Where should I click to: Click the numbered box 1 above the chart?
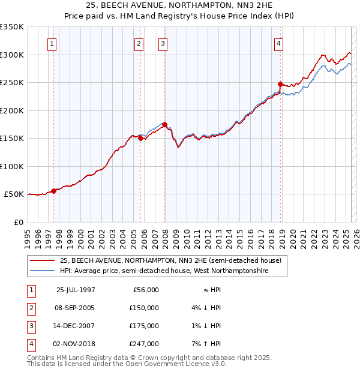point(52,44)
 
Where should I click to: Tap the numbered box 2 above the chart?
point(139,44)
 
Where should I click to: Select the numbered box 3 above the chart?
point(163,44)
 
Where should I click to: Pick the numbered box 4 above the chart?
point(279,44)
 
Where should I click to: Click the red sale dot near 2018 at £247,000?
point(281,85)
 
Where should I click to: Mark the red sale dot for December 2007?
point(164,125)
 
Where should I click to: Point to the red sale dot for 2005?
point(140,138)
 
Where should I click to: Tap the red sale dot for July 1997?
point(54,191)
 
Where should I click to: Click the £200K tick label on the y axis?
point(12,110)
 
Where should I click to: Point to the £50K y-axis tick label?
point(14,194)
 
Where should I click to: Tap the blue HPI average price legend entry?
point(164,271)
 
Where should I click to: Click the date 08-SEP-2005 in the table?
point(76,308)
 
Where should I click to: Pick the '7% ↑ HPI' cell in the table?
point(205,344)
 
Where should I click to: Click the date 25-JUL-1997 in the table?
point(76,290)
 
